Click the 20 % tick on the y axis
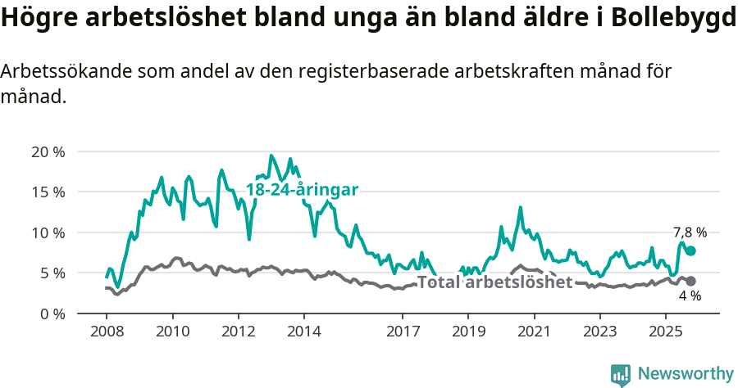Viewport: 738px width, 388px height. pos(47,151)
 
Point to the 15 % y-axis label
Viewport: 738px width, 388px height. pos(47,192)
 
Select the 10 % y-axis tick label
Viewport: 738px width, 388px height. pos(47,232)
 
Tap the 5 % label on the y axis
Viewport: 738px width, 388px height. pos(51,273)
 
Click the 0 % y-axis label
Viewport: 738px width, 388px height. pos(51,314)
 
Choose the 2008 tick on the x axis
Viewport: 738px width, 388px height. pos(107,332)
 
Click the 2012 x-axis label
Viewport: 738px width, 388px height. pos(238,332)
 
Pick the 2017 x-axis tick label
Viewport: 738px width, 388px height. pos(402,332)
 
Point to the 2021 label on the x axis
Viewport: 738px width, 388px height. pos(534,332)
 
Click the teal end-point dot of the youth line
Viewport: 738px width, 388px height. pos(690,250)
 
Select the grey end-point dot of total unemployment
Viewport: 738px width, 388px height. pos(690,282)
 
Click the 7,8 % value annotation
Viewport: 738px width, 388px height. pos(690,232)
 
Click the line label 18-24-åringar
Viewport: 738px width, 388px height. pos(302,190)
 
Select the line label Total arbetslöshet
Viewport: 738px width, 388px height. pos(494,282)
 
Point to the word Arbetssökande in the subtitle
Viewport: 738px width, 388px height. pos(65,71)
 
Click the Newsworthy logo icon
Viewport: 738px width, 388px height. pos(621,375)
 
